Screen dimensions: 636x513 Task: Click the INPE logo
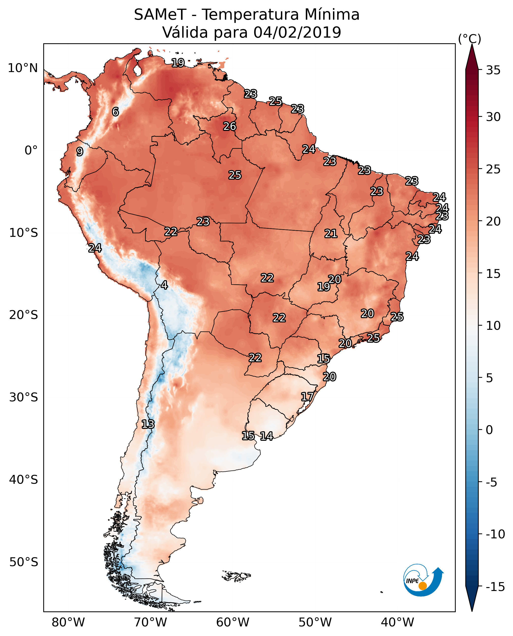[423, 581]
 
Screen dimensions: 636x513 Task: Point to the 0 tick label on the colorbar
[489, 430]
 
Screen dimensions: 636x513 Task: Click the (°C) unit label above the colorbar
[469, 39]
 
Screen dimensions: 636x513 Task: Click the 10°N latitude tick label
[23, 68]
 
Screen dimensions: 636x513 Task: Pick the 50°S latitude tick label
[24, 562]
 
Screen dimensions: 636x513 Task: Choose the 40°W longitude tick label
[397, 622]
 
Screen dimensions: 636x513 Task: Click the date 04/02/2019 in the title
[297, 32]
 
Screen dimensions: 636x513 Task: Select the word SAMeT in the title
[160, 15]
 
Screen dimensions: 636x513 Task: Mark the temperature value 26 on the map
[230, 126]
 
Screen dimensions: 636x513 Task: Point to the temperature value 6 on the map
[115, 112]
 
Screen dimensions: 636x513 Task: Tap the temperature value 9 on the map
[80, 151]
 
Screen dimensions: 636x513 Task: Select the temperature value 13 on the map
[148, 424]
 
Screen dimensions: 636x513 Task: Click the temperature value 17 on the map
[307, 397]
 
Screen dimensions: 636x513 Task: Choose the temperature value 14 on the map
[267, 436]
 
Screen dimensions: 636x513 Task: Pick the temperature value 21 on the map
[331, 234]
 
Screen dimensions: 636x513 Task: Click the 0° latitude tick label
[31, 151]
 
